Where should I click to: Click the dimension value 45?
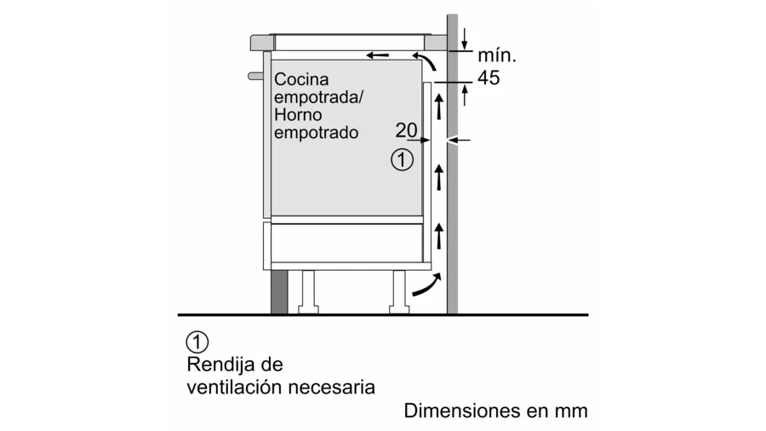tap(489, 78)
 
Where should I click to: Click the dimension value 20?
tap(407, 130)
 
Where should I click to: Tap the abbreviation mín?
tap(497, 55)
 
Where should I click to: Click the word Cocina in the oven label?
tap(301, 79)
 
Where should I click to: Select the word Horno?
tap(298, 115)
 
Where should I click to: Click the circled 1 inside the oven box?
tap(402, 160)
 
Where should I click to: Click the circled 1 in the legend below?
tap(197, 342)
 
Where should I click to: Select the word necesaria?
tap(332, 388)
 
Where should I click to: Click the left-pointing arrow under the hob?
tap(378, 55)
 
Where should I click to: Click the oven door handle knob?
tap(255, 76)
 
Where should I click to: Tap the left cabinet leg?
tap(308, 291)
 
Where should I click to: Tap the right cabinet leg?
tap(398, 291)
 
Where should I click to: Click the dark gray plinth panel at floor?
tap(279, 291)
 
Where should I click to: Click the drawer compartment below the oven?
tap(347, 243)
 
